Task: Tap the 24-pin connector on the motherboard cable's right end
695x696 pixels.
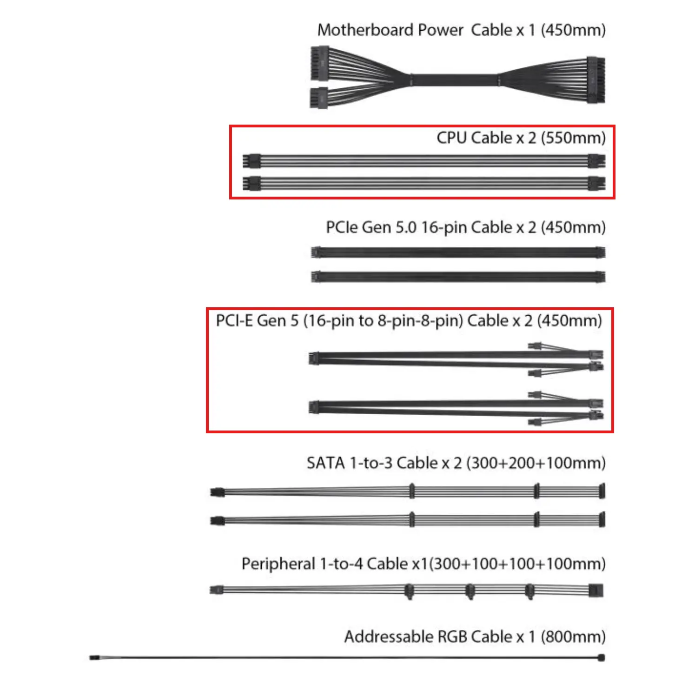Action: [596, 80]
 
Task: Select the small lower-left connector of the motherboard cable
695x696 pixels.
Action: [319, 98]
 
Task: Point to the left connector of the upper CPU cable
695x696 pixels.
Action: [252, 161]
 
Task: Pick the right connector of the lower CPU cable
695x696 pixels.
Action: [596, 184]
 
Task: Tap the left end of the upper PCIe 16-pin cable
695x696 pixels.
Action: [316, 252]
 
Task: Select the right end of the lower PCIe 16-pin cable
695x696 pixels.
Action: [600, 277]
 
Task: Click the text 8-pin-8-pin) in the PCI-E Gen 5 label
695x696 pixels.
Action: [420, 321]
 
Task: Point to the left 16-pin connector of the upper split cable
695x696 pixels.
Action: [314, 358]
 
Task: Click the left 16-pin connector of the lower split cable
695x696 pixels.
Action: [314, 408]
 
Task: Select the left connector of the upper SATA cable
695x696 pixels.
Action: [217, 492]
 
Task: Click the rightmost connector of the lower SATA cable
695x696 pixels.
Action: [602, 519]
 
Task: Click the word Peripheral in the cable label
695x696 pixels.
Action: [278, 564]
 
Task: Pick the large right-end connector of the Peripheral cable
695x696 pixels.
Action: [596, 590]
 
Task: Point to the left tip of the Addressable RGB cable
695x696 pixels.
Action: [91, 658]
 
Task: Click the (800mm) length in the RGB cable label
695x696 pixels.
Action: [573, 636]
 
